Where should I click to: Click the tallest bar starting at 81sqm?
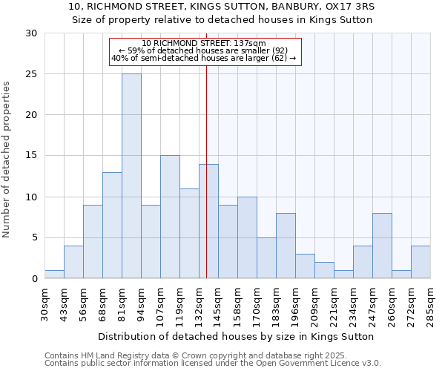point(131,176)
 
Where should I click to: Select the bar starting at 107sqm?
point(170,217)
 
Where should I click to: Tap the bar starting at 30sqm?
point(54,275)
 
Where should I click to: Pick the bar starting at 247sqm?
point(382,246)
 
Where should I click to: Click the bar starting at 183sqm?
point(286,246)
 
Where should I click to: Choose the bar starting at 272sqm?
point(421,262)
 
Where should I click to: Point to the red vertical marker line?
point(206,171)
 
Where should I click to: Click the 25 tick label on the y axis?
point(31,74)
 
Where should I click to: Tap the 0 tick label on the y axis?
point(34,279)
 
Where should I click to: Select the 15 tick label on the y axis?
point(31,156)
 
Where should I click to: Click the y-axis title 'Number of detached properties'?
point(7,160)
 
